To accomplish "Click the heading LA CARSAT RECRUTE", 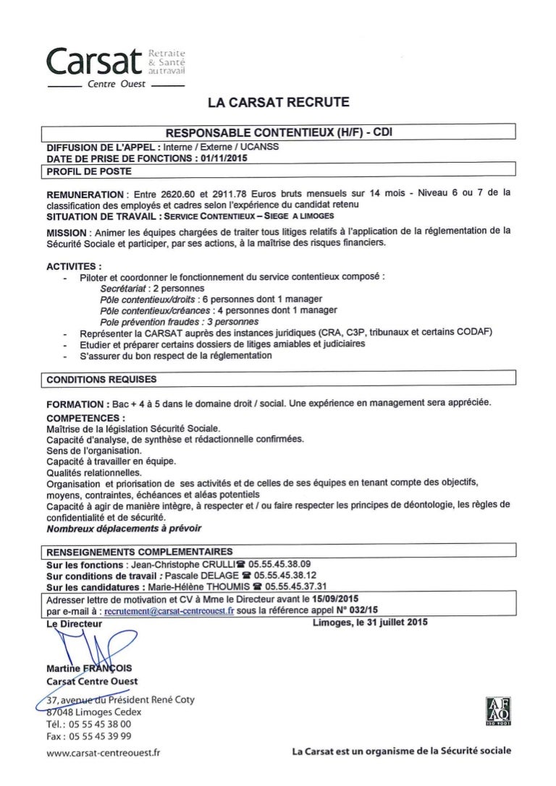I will coord(278,103).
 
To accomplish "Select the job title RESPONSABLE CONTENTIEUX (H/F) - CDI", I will coord(279,132).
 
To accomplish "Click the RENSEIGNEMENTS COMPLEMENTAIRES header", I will coord(139,552).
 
